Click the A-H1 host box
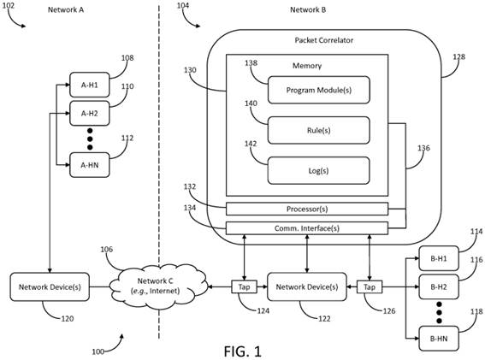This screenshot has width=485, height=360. tap(90, 85)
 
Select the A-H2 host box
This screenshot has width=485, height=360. tap(90, 113)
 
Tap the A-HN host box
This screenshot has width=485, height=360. tap(90, 165)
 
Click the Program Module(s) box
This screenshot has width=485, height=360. tap(318, 90)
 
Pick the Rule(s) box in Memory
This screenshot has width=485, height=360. tap(318, 130)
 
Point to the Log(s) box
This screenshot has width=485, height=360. tap(318, 171)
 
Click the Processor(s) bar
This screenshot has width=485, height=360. tap(307, 209)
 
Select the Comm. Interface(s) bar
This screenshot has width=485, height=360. tap(307, 228)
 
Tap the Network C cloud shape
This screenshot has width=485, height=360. tap(158, 286)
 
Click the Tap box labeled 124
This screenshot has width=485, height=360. tap(245, 287)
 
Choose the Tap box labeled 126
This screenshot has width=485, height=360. tap(370, 287)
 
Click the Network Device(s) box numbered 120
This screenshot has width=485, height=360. tap(50, 286)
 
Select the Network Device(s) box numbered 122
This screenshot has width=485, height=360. tap(307, 286)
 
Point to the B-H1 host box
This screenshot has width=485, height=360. tap(439, 258)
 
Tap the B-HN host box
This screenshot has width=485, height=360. tap(439, 339)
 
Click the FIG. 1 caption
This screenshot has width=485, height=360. tap(243, 351)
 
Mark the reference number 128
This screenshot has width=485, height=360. tap(459, 56)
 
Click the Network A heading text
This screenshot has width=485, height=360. tap(66, 9)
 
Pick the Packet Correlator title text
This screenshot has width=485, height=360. tap(324, 40)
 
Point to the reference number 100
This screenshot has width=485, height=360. tap(98, 351)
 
